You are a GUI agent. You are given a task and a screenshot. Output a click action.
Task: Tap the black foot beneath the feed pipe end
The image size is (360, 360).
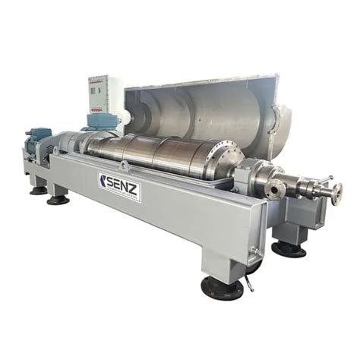point(289,248)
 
